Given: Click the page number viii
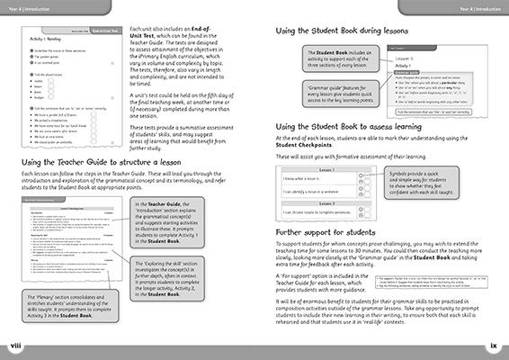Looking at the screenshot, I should tap(13, 343).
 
